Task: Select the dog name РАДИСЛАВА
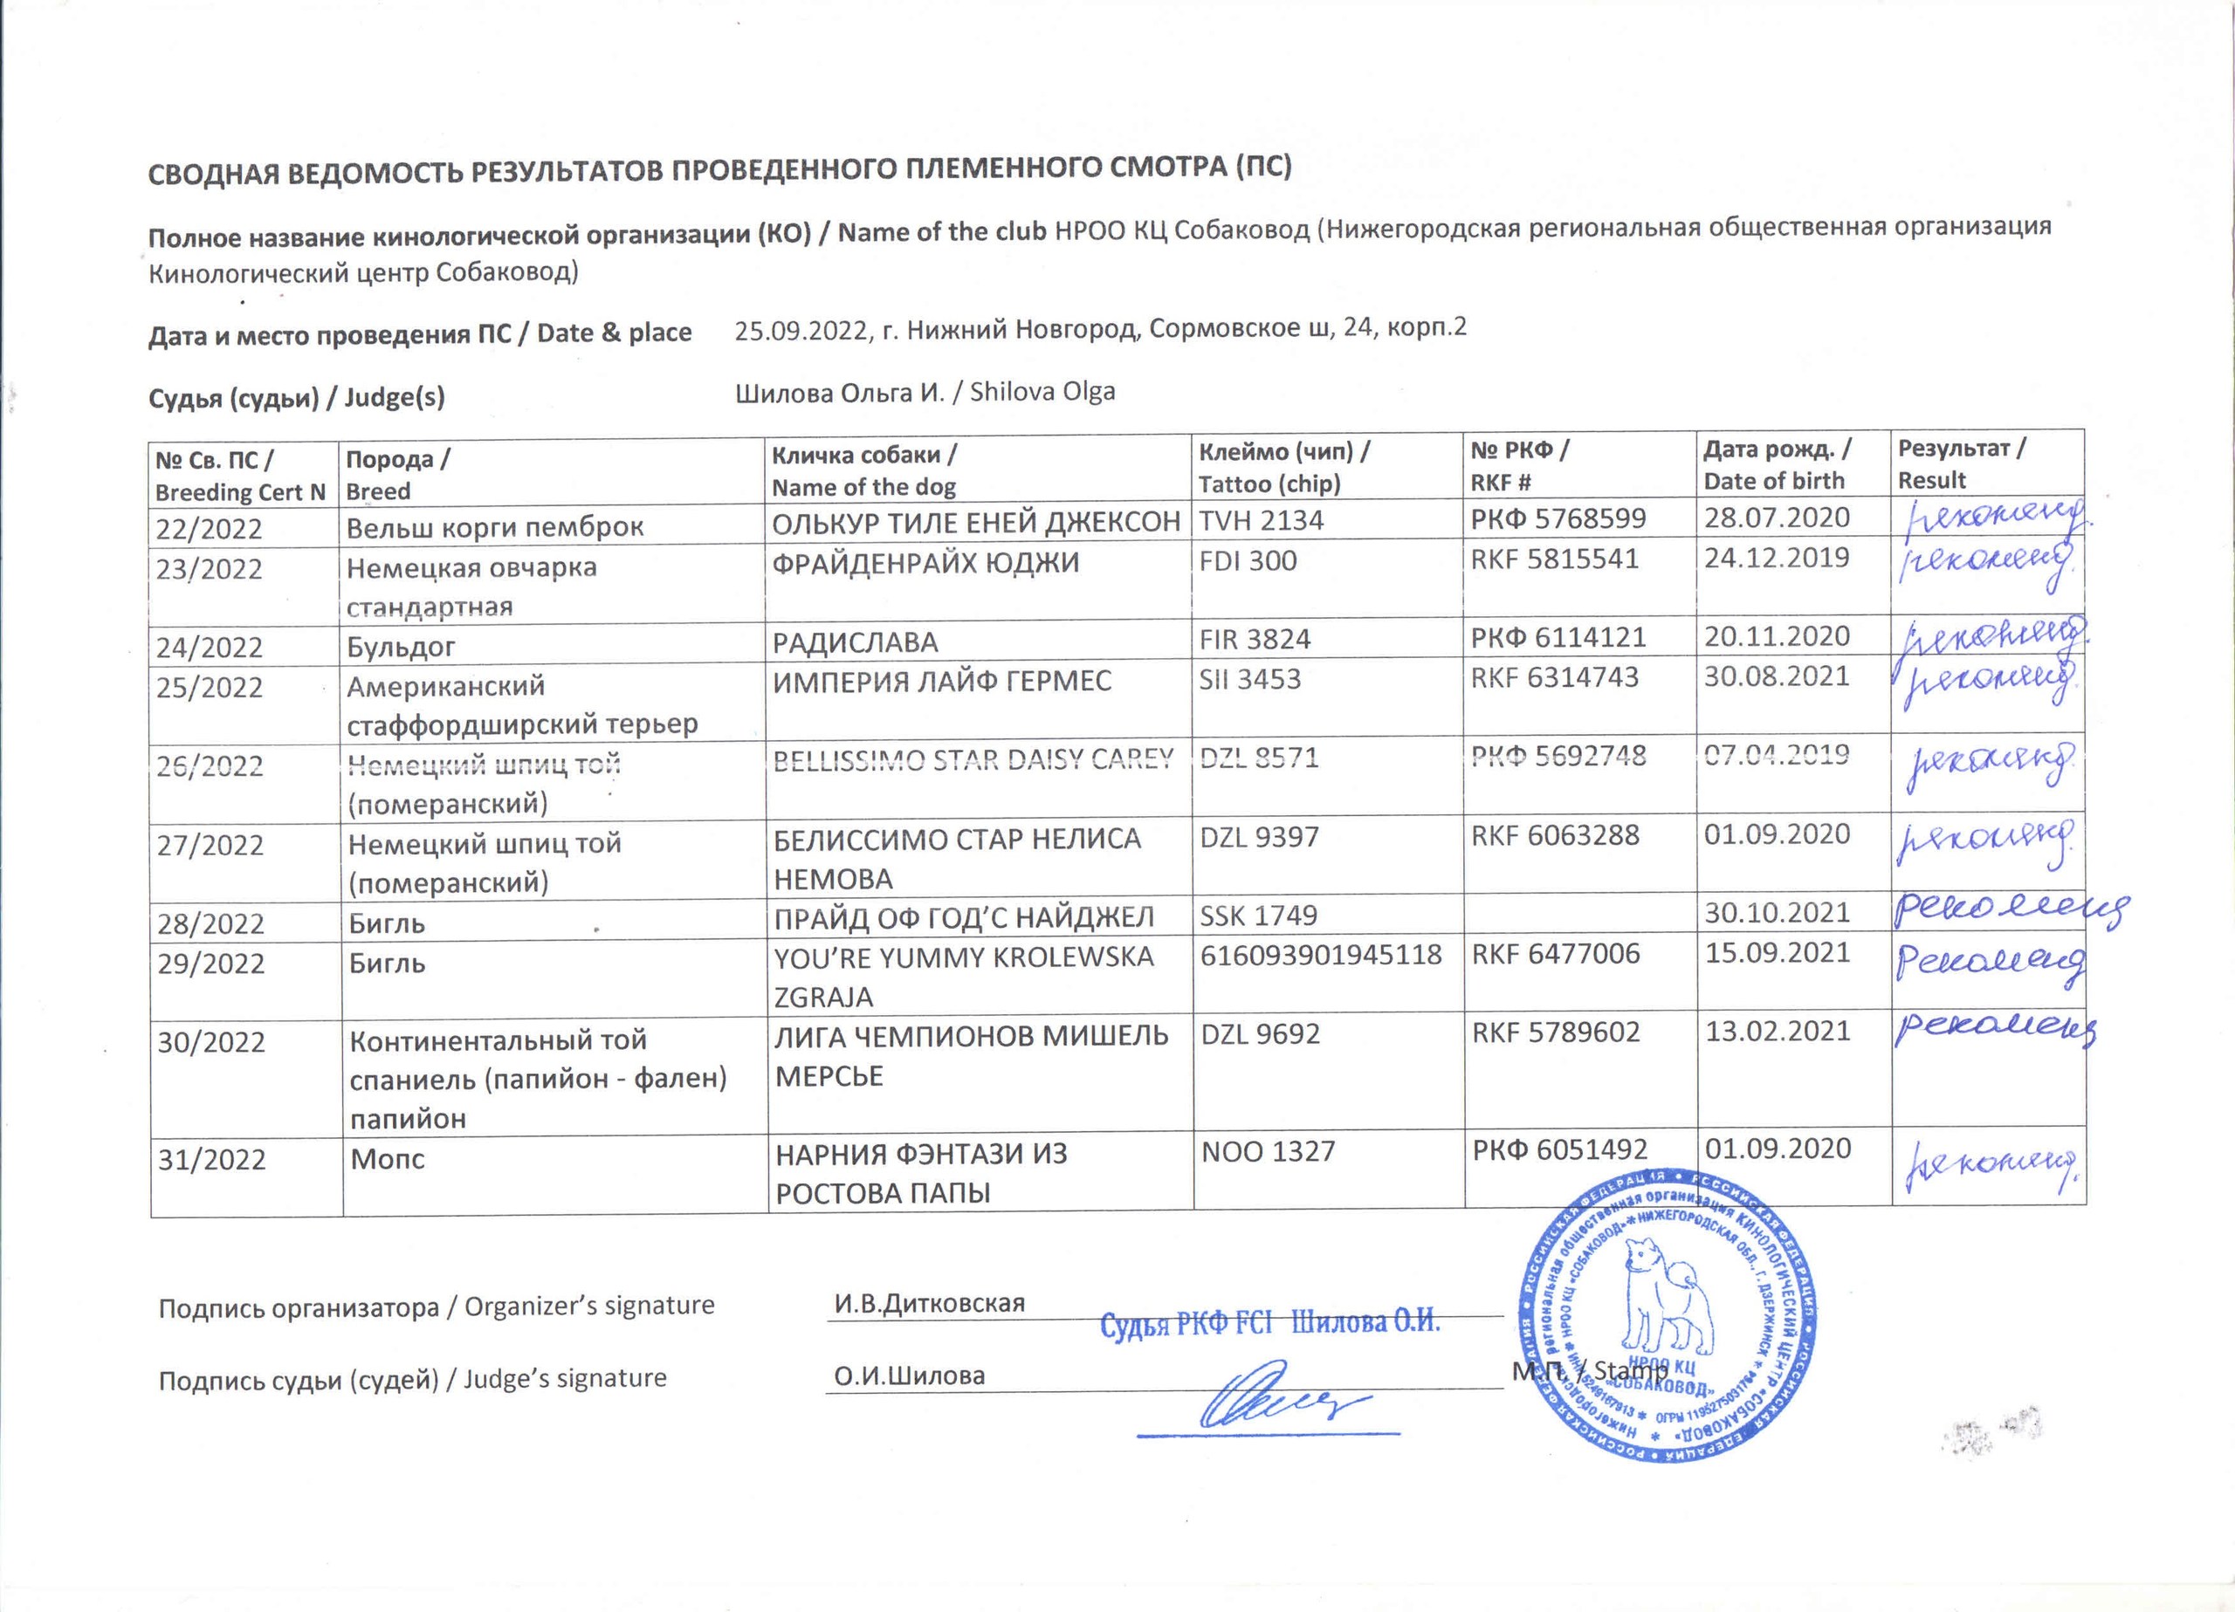pyautogui.click(x=855, y=642)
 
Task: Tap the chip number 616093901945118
pyautogui.click(x=1321, y=954)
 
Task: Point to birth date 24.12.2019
pyautogui.click(x=1777, y=558)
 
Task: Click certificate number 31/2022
pyautogui.click(x=212, y=1159)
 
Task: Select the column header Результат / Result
pyautogui.click(x=1961, y=463)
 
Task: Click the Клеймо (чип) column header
pyautogui.click(x=1283, y=467)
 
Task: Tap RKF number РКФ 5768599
pyautogui.click(x=1558, y=518)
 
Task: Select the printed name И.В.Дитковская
pyautogui.click(x=929, y=1303)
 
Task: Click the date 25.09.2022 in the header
pyautogui.click(x=802, y=329)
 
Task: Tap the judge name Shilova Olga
pyautogui.click(x=1042, y=391)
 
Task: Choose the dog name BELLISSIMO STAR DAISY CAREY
pyautogui.click(x=973, y=758)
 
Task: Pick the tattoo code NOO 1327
pyautogui.click(x=1268, y=1151)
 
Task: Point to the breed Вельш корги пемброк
pyautogui.click(x=495, y=527)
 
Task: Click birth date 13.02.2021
pyautogui.click(x=1778, y=1031)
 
